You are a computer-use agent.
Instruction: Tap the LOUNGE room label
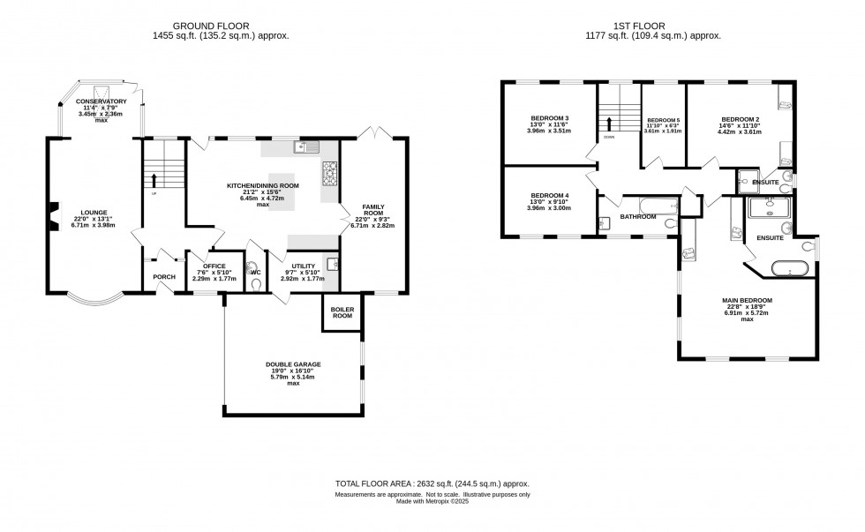tap(94, 212)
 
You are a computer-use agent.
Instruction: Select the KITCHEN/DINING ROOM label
tap(262, 185)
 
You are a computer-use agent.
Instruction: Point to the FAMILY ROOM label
tap(374, 209)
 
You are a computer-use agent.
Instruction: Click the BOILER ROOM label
tap(342, 313)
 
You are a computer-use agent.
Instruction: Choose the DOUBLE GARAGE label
tap(292, 363)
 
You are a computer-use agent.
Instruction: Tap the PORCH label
tap(164, 277)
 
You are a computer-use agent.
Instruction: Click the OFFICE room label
tap(214, 266)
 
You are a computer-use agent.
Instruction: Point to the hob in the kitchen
tap(331, 174)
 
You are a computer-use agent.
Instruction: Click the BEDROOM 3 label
tap(549, 118)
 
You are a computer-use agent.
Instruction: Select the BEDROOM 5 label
tap(664, 119)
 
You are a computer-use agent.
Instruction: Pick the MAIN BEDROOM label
tap(747, 300)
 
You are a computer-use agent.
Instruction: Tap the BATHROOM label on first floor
tap(637, 216)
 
